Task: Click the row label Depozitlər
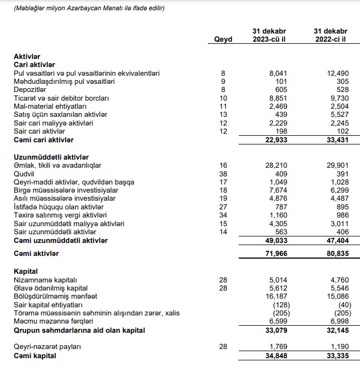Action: tap(30, 90)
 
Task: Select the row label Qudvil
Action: tap(24, 174)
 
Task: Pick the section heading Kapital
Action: tap(26, 271)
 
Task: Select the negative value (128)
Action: tap(278, 305)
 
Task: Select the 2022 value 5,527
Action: tap(338, 115)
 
